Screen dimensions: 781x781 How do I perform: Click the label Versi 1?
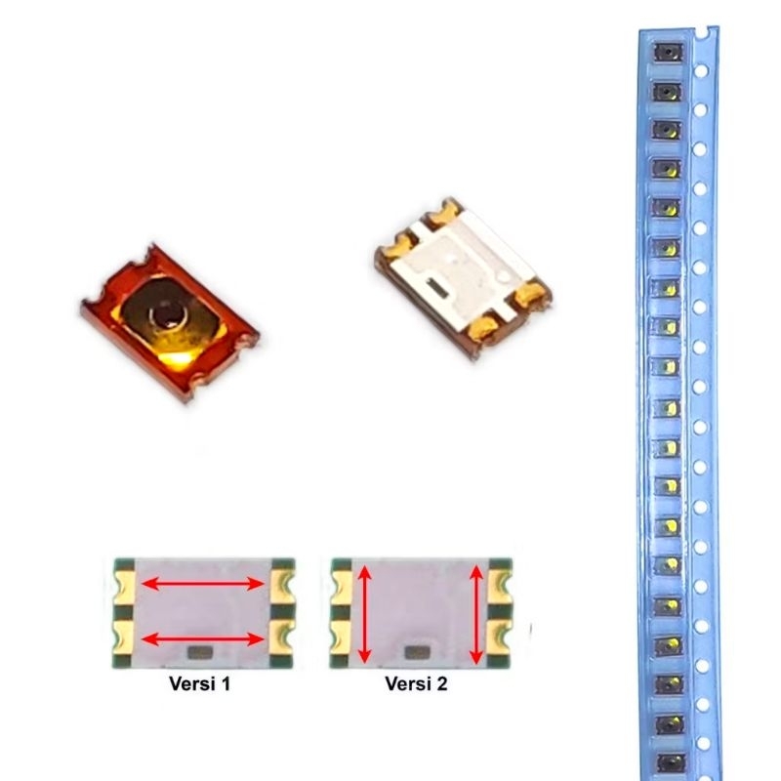click(199, 684)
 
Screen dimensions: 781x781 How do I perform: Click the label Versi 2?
click(417, 684)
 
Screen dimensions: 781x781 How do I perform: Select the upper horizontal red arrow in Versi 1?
click(204, 584)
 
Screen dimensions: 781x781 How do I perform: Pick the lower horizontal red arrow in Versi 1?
click(204, 639)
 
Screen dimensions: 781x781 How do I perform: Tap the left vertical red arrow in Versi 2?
click(363, 614)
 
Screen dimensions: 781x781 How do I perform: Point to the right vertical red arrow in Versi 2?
click(476, 614)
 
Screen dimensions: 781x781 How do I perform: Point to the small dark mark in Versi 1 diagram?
click(198, 651)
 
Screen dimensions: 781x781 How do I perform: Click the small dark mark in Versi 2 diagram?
click(419, 651)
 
